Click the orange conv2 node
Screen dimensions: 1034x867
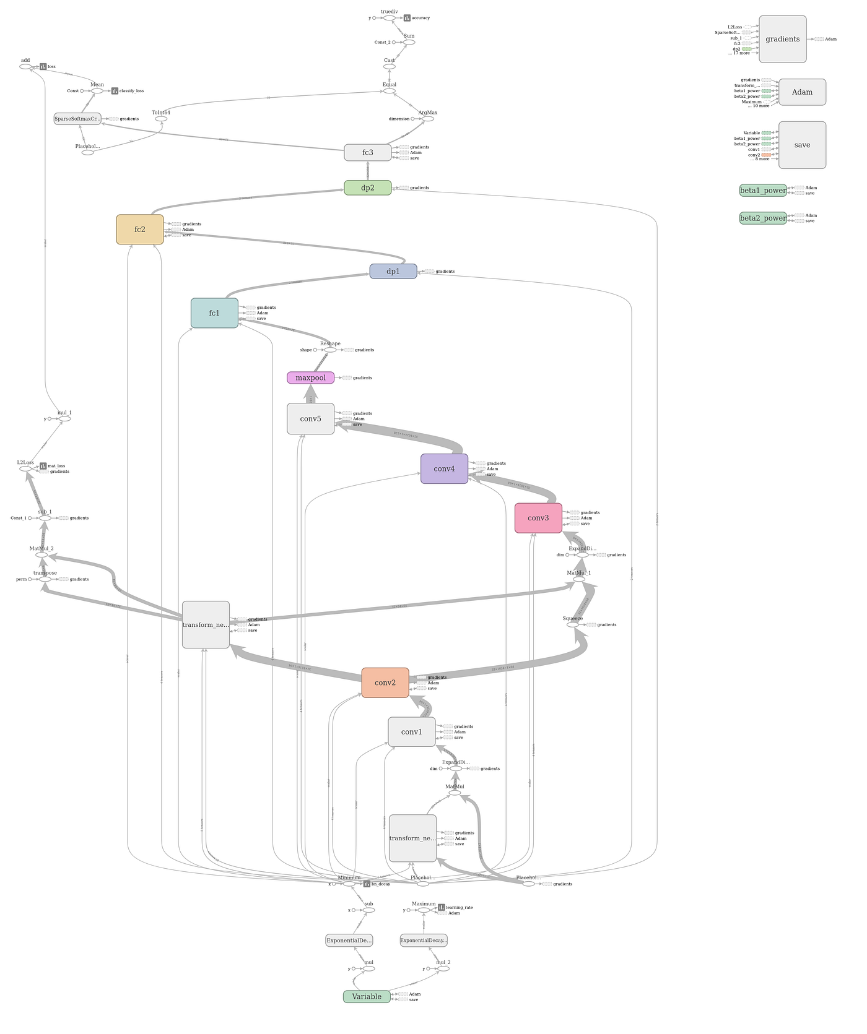385,683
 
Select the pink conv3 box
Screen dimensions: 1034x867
538,518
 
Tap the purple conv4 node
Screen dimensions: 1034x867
444,468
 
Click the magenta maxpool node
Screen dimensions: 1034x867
310,377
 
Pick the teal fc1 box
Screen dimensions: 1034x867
214,313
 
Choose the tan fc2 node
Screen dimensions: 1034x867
140,230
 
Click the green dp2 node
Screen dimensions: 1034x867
368,187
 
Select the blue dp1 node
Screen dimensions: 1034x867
393,271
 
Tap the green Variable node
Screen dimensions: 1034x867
367,996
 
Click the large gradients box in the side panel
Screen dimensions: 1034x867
782,39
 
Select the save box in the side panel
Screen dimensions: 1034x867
802,145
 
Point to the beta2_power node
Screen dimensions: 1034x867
763,218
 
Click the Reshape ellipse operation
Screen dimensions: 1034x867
330,350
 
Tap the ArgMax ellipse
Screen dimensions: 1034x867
427,119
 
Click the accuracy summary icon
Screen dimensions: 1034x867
407,18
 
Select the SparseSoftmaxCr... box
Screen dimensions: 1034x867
77,119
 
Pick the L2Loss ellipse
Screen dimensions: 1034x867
25,469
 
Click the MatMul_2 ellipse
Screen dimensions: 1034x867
41,555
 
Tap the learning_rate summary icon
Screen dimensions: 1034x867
442,908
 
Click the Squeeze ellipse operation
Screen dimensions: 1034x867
573,625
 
